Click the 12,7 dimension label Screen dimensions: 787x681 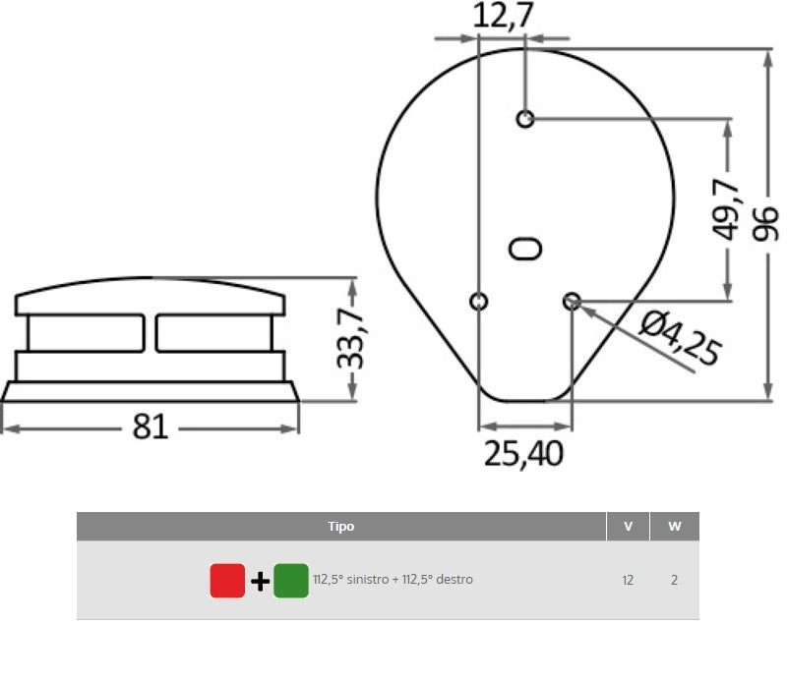[503, 16]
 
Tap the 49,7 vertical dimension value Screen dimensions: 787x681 [726, 209]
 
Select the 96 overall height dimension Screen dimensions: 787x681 [765, 224]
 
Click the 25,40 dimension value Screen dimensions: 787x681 [523, 454]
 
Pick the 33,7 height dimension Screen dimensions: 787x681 [350, 338]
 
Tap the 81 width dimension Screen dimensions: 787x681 [151, 427]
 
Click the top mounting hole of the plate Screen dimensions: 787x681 [525, 119]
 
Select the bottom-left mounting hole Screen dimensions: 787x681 [479, 302]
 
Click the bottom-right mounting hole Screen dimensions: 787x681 [572, 302]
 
